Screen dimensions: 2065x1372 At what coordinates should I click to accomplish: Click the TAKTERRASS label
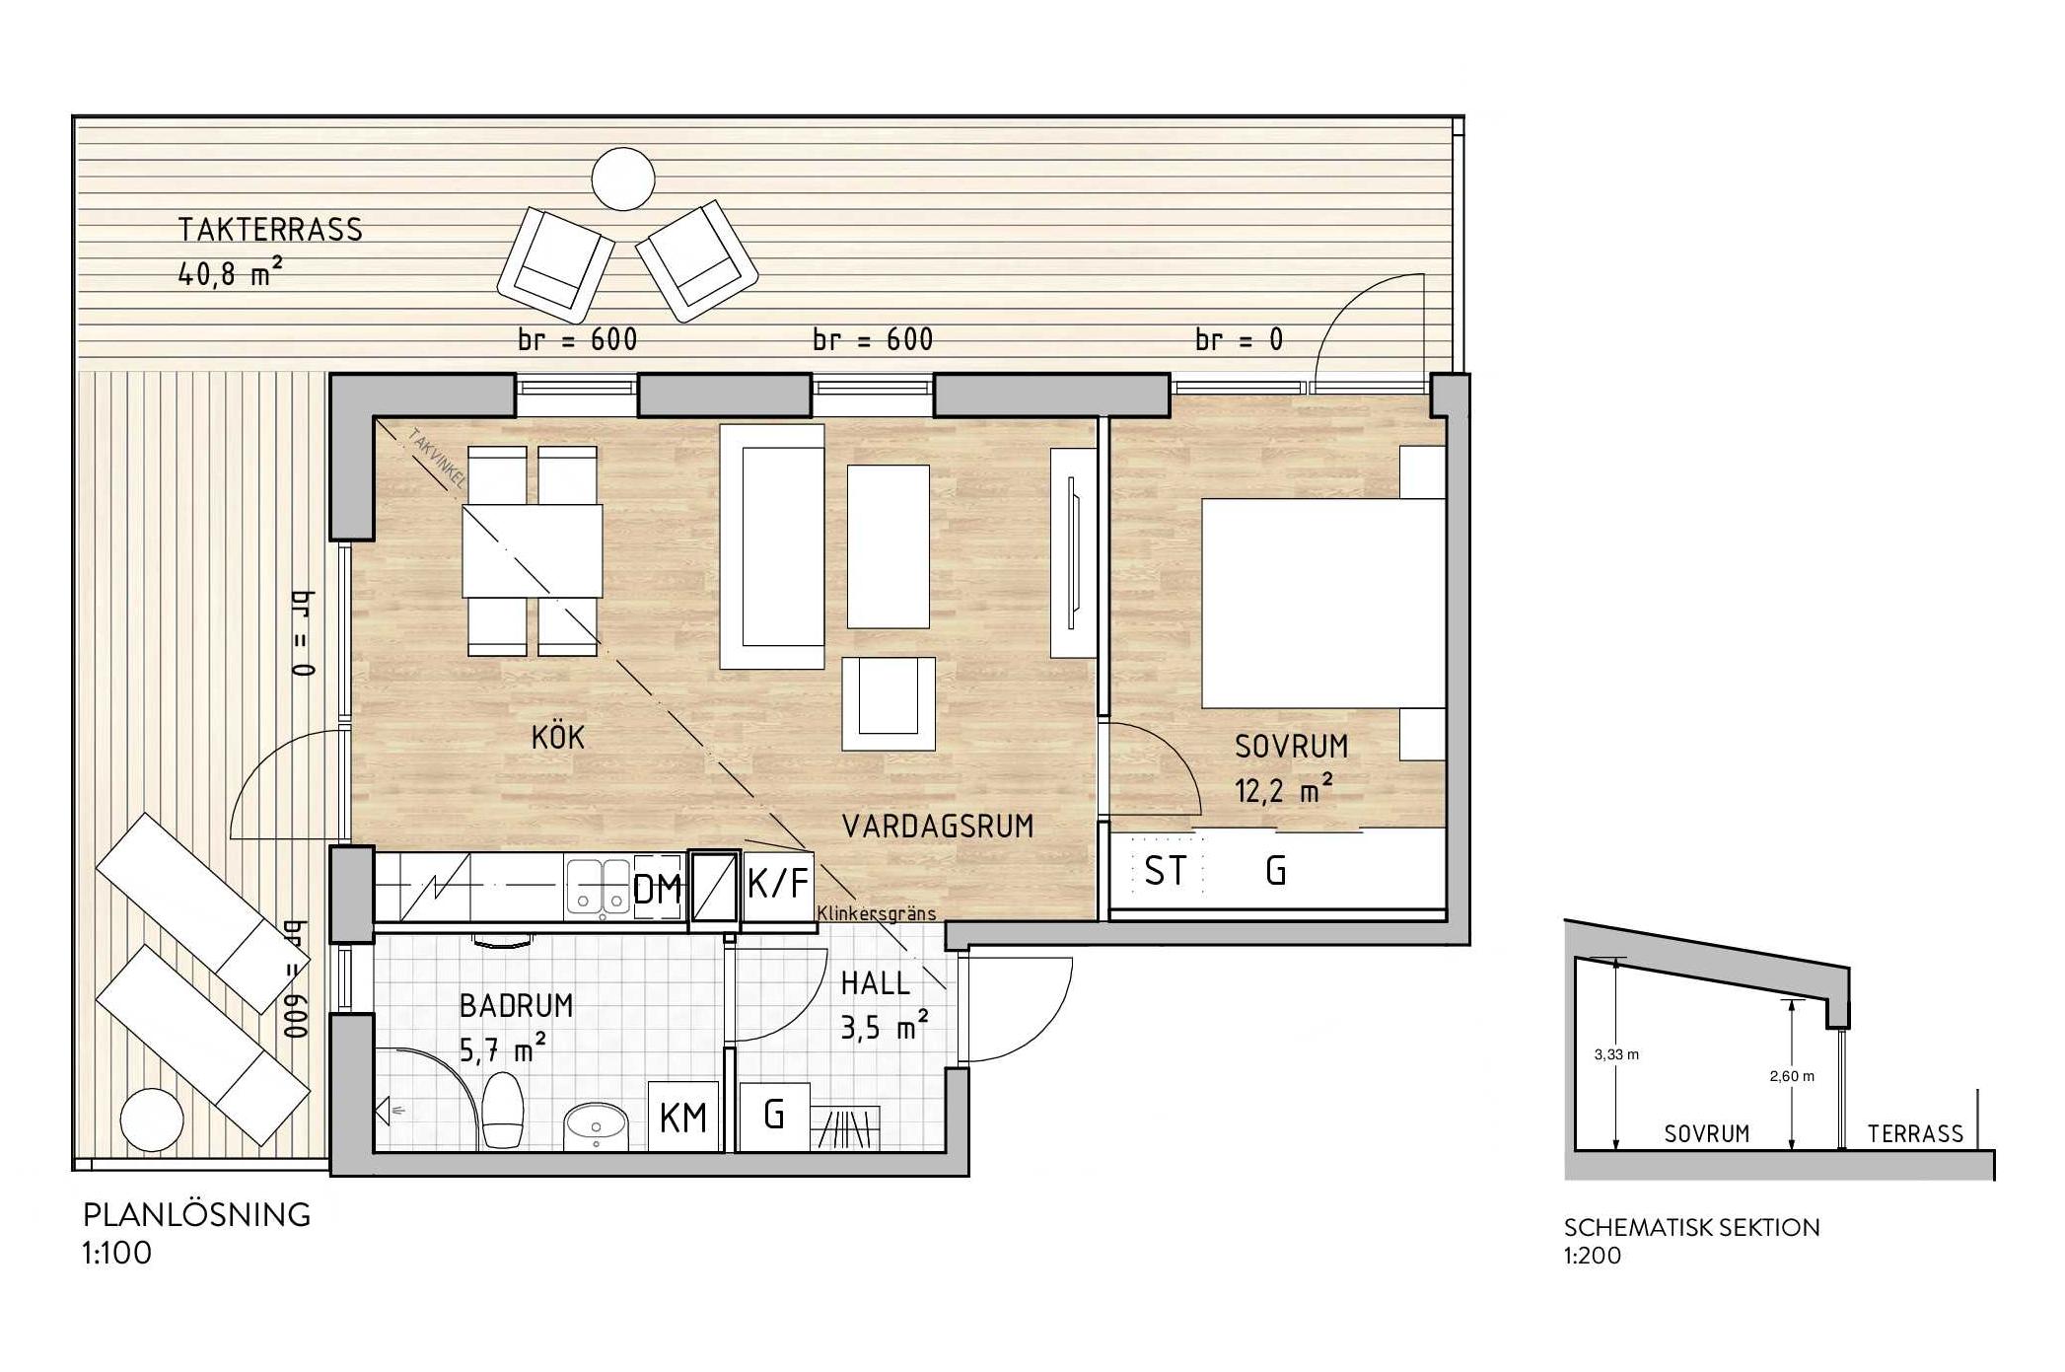coord(270,230)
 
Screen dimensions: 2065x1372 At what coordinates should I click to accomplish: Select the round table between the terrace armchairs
coord(623,179)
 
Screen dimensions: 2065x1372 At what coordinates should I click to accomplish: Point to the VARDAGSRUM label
coord(938,827)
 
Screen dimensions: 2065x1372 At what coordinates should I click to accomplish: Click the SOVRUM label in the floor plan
coord(1291,747)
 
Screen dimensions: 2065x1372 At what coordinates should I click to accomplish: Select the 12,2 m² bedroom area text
coord(1284,789)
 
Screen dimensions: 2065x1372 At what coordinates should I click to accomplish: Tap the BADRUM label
coord(516,1006)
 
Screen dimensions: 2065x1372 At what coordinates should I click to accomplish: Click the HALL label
coord(875,983)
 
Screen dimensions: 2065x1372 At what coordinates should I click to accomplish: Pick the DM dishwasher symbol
coord(658,889)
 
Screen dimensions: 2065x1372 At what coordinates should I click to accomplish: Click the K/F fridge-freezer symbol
coord(778,885)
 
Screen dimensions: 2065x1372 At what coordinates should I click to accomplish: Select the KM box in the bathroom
coord(683,1118)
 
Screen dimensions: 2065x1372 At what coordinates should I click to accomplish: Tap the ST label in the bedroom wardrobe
coord(1165,872)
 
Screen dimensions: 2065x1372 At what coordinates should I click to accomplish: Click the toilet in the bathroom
coord(503,1111)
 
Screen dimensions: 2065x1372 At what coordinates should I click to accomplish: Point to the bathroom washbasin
coord(596,1125)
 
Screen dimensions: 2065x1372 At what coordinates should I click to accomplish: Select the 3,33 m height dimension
coord(1616,1054)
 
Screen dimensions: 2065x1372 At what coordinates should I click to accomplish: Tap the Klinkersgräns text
coord(877,913)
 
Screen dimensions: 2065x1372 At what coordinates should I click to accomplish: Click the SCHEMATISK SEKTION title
coord(1691,1228)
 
